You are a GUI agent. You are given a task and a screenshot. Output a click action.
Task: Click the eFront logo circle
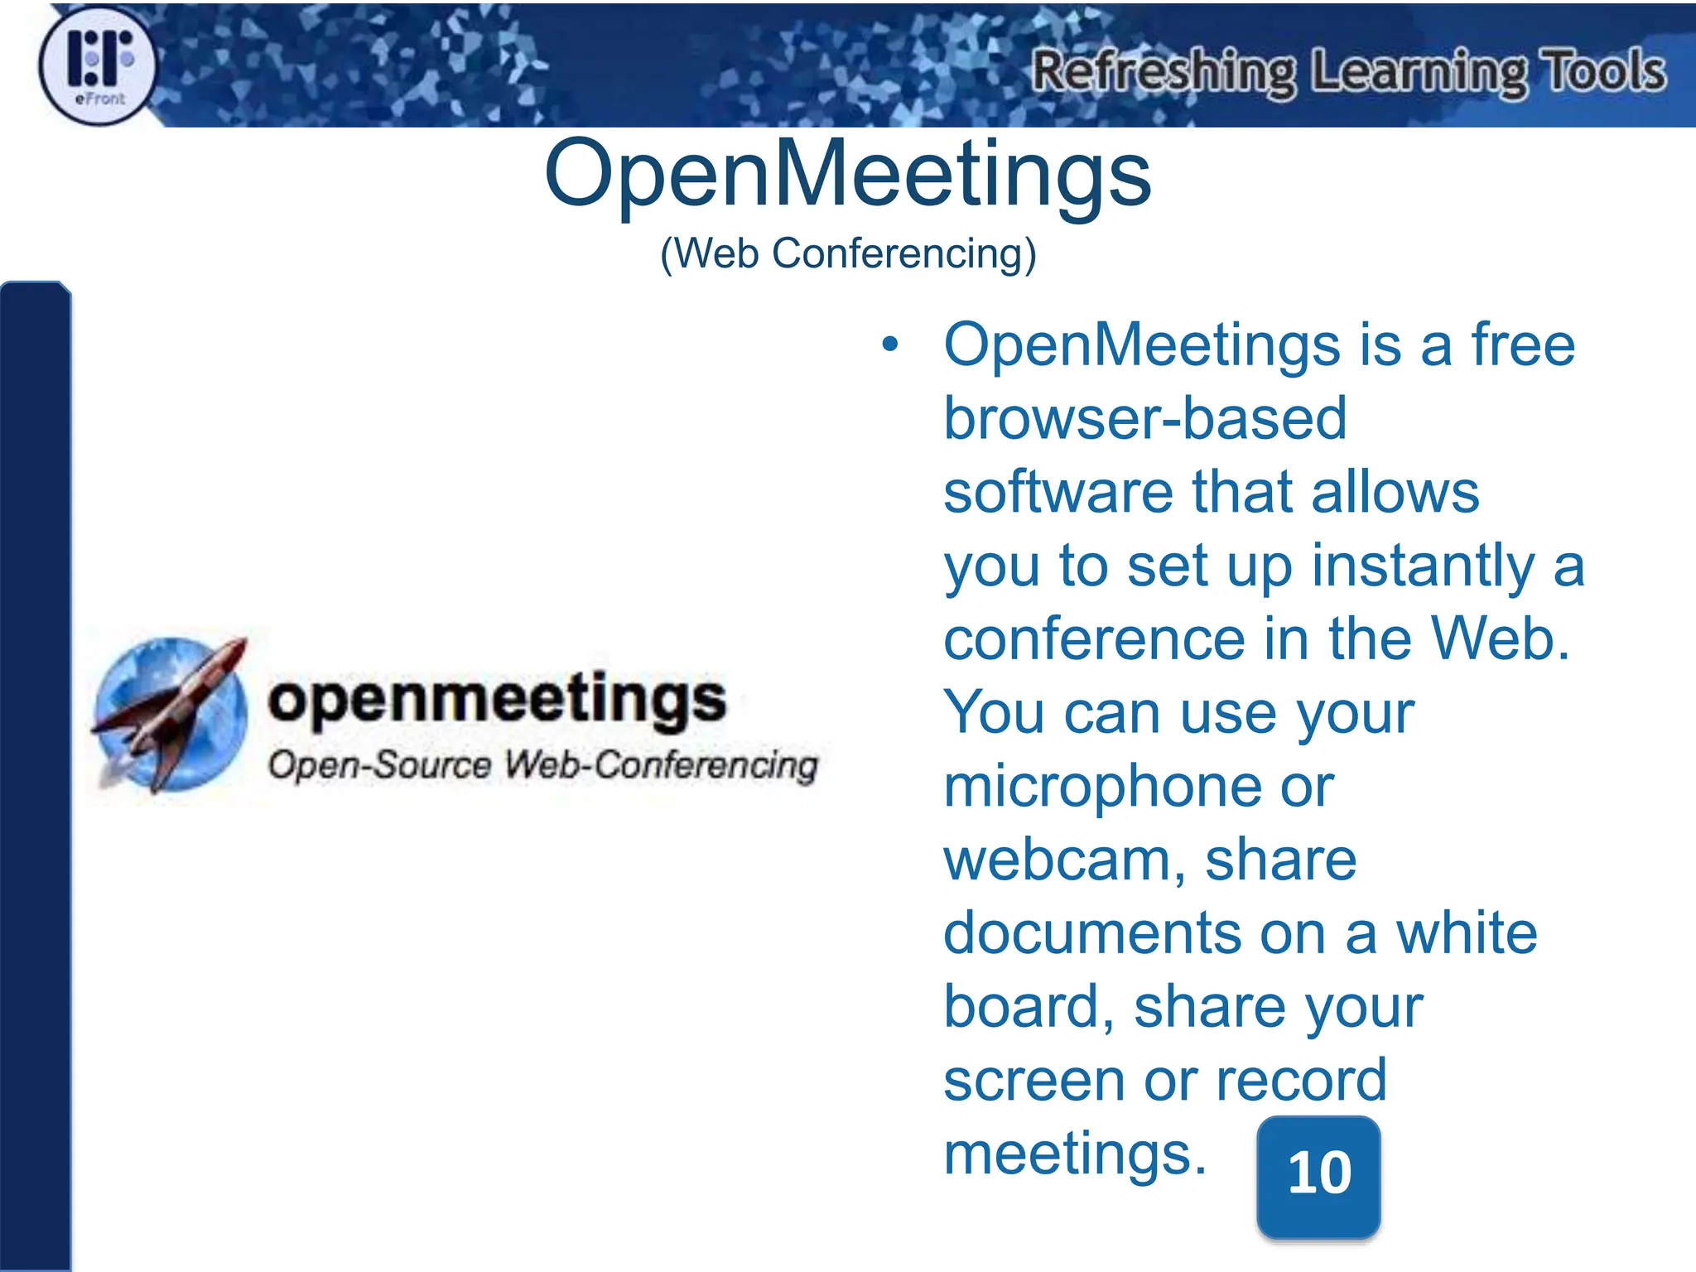(98, 66)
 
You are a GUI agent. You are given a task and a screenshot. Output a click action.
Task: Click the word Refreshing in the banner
(1163, 71)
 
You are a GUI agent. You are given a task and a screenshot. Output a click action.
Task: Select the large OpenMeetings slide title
(847, 174)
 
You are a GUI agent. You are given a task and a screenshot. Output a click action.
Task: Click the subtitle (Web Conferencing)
(847, 253)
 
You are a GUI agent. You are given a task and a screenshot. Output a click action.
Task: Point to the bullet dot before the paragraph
(889, 344)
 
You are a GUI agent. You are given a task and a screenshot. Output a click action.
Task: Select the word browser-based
(1144, 418)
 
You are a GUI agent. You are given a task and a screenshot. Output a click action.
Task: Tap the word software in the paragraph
(1058, 492)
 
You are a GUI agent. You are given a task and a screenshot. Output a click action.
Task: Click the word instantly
(1423, 566)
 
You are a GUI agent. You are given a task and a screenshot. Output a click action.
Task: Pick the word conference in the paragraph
(1094, 639)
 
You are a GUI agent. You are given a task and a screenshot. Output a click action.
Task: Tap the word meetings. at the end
(1075, 1154)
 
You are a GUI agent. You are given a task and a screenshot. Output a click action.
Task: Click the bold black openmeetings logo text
(497, 700)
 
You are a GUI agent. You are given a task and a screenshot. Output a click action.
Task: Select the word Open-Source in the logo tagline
(379, 764)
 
